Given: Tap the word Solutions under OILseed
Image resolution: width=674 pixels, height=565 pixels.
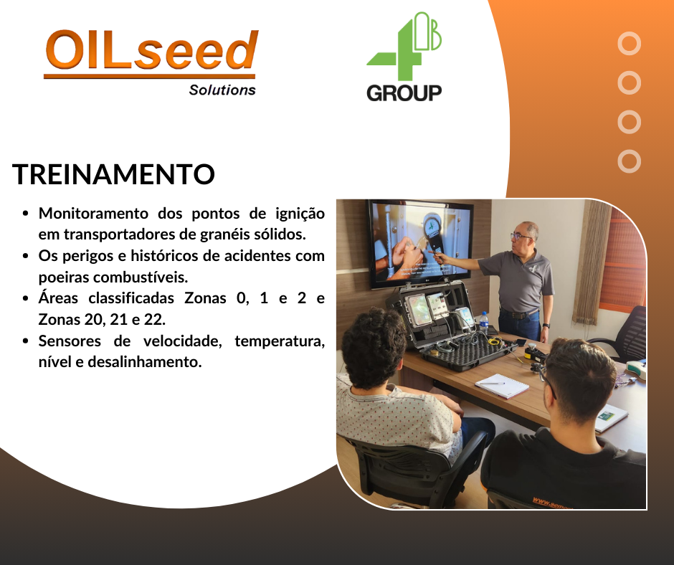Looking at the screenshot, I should (x=222, y=90).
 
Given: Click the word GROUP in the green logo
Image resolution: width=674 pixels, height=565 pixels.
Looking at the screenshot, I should (x=404, y=92).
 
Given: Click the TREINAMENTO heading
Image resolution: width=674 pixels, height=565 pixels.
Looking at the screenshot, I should (x=114, y=174).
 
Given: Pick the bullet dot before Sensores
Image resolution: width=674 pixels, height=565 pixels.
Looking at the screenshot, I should (x=26, y=341).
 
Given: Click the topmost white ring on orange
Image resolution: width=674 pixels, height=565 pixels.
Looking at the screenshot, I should (x=629, y=44).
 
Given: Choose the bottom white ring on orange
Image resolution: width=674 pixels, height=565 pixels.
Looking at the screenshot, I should (x=629, y=161).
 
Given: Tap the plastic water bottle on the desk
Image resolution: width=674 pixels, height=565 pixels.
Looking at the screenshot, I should (x=484, y=324).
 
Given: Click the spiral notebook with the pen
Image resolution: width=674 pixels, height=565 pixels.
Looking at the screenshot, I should (x=501, y=386).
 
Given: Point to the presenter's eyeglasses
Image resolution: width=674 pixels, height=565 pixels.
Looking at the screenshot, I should (x=521, y=236).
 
